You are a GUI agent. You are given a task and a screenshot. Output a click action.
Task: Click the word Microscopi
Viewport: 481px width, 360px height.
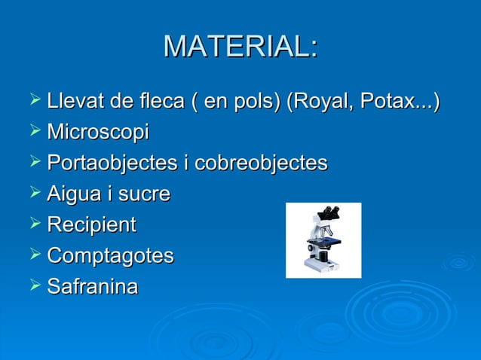pyautogui.click(x=97, y=133)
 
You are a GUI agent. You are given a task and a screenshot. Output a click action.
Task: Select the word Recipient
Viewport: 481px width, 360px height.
pyautogui.click(x=91, y=225)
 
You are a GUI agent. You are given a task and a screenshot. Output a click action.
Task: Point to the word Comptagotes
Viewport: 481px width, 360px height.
pyautogui.click(x=109, y=256)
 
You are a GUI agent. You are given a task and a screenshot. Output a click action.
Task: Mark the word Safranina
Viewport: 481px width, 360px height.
pyautogui.click(x=92, y=287)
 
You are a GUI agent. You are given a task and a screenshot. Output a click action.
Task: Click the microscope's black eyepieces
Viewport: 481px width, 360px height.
pyautogui.click(x=329, y=212)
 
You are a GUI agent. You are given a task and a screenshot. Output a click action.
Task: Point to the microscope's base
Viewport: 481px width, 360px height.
pyautogui.click(x=320, y=264)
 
